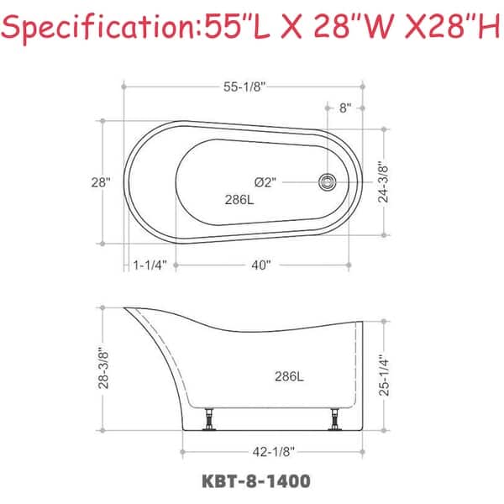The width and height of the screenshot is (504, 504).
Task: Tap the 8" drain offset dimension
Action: (345, 108)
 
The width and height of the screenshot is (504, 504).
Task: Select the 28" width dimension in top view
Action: (101, 182)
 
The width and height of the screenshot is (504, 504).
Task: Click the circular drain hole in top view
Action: (328, 181)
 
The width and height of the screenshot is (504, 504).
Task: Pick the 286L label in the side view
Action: (288, 375)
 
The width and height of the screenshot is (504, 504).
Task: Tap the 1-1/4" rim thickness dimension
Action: (151, 265)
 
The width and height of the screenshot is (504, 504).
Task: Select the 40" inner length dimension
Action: (260, 265)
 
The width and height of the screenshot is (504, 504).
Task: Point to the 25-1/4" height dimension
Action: (382, 374)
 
